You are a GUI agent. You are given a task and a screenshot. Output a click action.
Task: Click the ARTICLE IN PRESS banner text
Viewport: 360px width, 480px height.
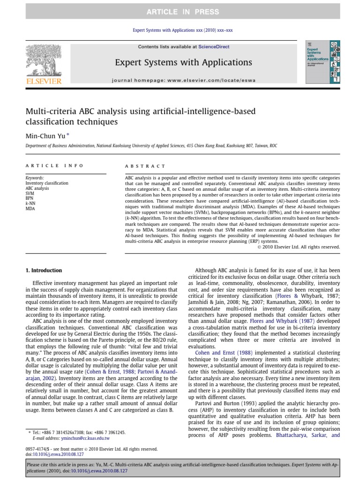[180, 12]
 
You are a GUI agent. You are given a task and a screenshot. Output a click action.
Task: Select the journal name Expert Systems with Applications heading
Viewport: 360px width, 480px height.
[184, 62]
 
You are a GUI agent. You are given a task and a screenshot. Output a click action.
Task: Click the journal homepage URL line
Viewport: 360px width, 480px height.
[184, 80]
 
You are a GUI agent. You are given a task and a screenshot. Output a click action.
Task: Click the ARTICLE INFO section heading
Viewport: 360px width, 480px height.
[55, 166]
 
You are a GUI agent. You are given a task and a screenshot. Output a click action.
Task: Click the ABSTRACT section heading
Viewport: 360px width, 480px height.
[145, 166]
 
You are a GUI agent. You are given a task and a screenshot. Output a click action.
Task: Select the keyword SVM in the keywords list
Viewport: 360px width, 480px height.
[30, 193]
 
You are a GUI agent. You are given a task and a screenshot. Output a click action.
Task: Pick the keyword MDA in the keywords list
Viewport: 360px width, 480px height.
[30, 209]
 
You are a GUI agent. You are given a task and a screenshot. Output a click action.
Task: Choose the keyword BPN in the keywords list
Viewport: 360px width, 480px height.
[30, 198]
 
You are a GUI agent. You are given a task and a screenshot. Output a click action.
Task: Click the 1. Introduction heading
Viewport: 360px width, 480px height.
[43, 270]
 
